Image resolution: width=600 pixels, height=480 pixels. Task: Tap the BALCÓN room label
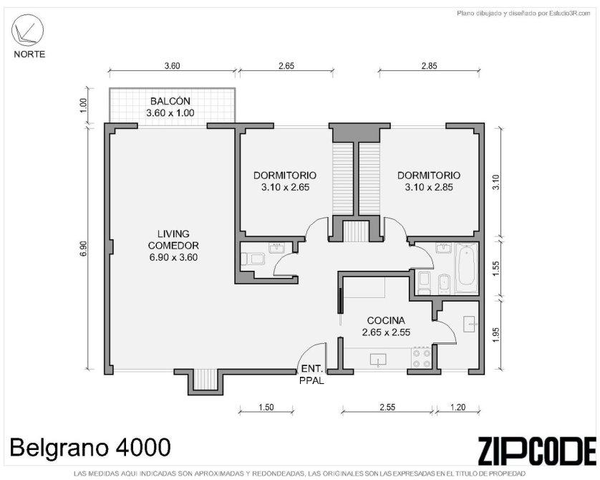[x=170, y=101]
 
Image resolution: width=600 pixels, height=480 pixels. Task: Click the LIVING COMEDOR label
[x=173, y=245]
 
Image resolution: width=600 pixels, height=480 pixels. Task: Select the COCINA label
[x=386, y=320]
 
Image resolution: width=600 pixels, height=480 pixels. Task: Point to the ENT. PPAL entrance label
[x=312, y=375]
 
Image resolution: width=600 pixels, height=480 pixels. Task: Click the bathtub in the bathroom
[x=466, y=266]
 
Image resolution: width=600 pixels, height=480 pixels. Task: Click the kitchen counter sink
[x=377, y=360]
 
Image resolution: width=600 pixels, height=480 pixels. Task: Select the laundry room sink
[x=469, y=324]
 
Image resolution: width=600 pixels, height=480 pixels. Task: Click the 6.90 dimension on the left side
[x=84, y=249]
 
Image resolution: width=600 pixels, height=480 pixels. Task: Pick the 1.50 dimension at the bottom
[x=266, y=407]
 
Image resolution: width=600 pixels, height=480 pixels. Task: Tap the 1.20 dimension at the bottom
[x=458, y=407]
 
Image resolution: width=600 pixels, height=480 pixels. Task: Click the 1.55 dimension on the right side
[x=496, y=269]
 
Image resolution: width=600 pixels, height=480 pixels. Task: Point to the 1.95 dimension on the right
[x=496, y=335]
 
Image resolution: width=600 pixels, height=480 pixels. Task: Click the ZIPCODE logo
[x=536, y=450]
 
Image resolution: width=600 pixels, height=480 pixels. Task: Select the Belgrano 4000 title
[x=90, y=447]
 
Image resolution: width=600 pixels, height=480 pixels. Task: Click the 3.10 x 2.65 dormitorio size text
[x=285, y=187]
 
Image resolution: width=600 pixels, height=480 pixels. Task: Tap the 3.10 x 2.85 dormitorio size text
[x=429, y=187]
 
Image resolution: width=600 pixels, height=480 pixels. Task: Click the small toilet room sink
[x=276, y=248]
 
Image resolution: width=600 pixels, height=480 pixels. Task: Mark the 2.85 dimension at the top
[x=429, y=66]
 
